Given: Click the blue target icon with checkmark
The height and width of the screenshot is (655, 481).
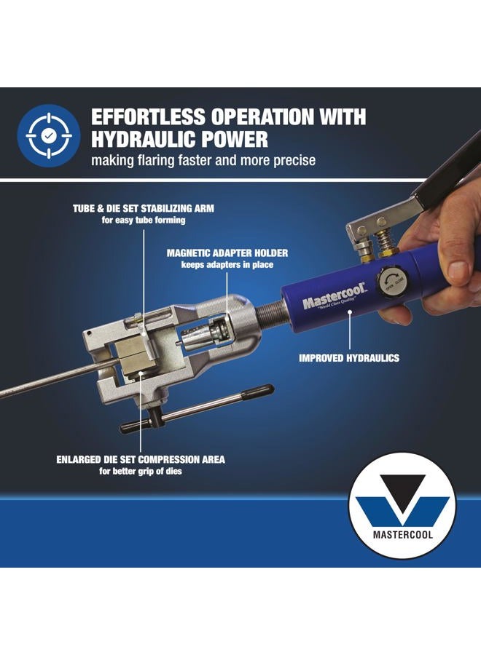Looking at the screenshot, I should click(x=48, y=136).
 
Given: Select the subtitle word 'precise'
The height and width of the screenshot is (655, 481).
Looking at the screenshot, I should click(x=291, y=160).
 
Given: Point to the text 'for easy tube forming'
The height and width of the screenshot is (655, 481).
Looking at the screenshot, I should click(x=144, y=221).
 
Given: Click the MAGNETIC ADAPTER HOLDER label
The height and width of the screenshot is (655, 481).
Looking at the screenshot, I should click(x=227, y=253).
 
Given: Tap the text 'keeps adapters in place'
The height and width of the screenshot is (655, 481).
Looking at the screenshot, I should click(x=227, y=265).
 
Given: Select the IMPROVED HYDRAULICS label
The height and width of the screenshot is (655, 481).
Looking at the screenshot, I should click(x=349, y=358).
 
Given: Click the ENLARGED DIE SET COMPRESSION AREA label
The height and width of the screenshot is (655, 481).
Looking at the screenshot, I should click(x=141, y=459).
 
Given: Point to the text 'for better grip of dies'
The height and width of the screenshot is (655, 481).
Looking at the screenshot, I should click(x=141, y=472).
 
